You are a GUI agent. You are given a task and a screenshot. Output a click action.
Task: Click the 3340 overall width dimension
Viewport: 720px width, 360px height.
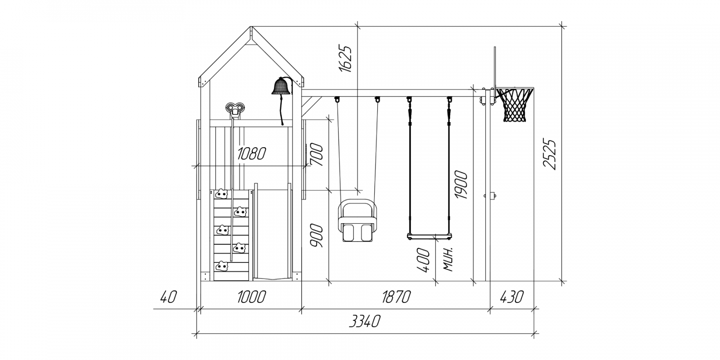pos(364,321)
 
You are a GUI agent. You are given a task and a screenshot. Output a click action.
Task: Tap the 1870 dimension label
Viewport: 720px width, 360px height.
pos(396,297)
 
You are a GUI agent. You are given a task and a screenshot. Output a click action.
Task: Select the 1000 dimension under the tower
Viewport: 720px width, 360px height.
pos(251,297)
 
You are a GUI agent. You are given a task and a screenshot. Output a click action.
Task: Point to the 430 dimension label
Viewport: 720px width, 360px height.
pos(512,297)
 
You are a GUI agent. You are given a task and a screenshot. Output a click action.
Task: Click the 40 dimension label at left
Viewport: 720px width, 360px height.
pos(168,297)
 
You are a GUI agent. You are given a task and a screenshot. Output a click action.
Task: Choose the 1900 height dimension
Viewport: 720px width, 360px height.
pos(461,185)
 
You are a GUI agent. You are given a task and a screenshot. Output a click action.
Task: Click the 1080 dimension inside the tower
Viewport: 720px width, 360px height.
pos(251,154)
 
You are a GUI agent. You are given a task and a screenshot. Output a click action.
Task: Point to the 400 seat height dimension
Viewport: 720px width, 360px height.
pos(424,260)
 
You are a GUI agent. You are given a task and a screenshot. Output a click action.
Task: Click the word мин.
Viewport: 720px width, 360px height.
pos(449,259)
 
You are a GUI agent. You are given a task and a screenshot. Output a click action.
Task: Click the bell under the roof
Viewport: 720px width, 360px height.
pos(281,86)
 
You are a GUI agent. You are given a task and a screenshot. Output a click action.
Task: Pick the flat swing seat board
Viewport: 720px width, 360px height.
pos(430,236)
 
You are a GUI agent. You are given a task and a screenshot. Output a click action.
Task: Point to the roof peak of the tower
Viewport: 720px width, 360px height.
pos(251,27)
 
